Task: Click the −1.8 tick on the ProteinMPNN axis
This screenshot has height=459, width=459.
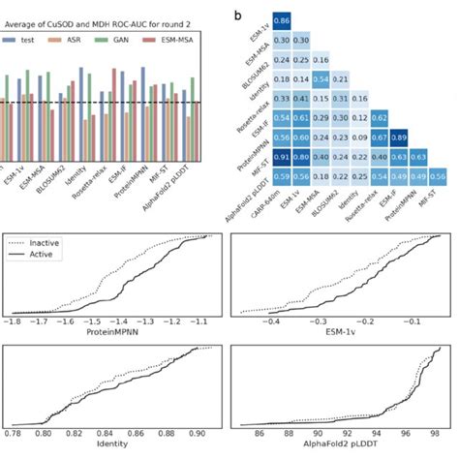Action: tap(14, 320)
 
